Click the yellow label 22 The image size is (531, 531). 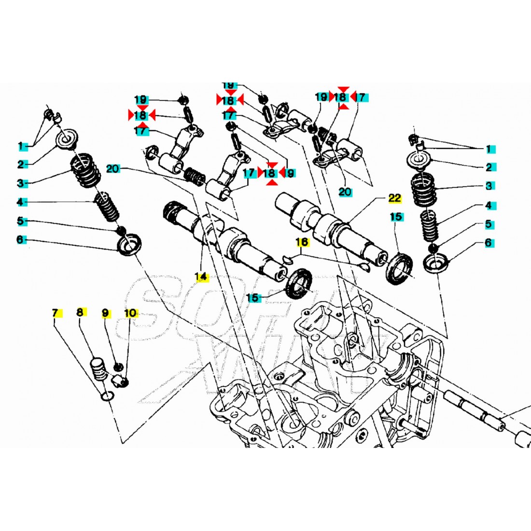pyautogui.click(x=395, y=198)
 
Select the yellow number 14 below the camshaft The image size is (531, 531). pyautogui.click(x=201, y=277)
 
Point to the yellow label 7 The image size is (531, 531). pyautogui.click(x=55, y=313)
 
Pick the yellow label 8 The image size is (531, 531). pyautogui.click(x=81, y=313)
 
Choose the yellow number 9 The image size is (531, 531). pyautogui.click(x=106, y=313)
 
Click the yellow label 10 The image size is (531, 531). pyautogui.click(x=130, y=313)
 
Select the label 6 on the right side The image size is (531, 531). pyautogui.click(x=489, y=243)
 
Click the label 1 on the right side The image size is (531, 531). pyautogui.click(x=488, y=149)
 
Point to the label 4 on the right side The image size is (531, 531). pyautogui.click(x=489, y=206)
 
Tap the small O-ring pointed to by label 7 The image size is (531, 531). pyautogui.click(x=108, y=396)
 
